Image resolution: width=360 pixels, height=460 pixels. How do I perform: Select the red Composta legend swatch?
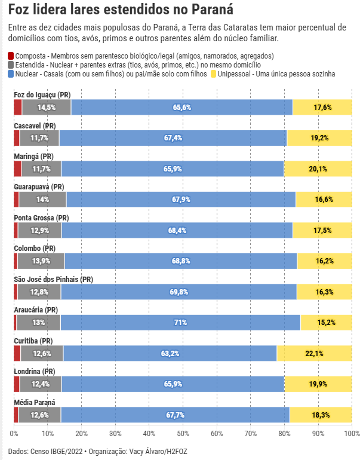click(x=11, y=56)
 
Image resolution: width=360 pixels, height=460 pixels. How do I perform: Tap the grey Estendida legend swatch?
click(x=11, y=65)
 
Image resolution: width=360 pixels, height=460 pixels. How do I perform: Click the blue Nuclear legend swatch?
click(x=11, y=73)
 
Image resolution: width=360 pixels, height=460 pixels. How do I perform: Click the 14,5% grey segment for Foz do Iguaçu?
click(x=46, y=108)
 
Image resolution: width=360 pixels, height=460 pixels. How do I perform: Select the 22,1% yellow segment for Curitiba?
click(x=314, y=354)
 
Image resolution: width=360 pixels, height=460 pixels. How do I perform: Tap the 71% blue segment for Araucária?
click(x=180, y=323)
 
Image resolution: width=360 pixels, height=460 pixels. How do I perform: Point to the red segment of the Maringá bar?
click(x=17, y=169)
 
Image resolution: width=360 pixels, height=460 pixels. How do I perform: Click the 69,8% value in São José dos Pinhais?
click(x=179, y=292)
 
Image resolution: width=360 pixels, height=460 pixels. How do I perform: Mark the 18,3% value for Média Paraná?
click(x=321, y=415)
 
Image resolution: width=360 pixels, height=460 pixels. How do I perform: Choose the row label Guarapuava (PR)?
click(x=39, y=187)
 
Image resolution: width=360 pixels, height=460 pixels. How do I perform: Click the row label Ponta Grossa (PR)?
click(x=42, y=217)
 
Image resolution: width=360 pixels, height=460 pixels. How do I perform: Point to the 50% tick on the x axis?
click(x=183, y=433)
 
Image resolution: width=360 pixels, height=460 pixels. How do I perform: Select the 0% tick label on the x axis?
click(x=14, y=433)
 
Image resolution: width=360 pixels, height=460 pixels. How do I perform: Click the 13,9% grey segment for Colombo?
click(x=41, y=261)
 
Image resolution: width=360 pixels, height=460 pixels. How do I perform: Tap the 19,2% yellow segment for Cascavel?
click(x=319, y=138)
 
